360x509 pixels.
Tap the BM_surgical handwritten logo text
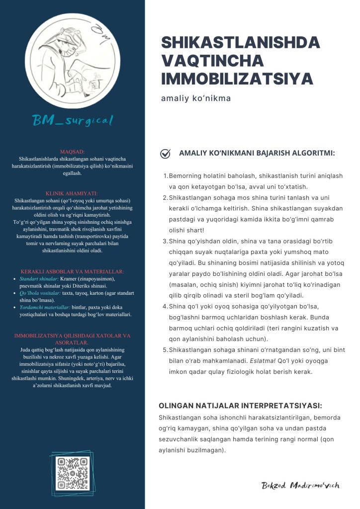(x=73, y=120)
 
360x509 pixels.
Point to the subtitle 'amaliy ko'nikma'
(x=196, y=98)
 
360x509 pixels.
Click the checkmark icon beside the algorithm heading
(x=166, y=154)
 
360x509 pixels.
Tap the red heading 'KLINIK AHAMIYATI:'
(x=72, y=193)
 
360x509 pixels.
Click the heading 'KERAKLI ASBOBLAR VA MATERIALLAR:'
(x=72, y=271)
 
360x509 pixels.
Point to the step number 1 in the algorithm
(x=166, y=176)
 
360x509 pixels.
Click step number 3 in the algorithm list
(x=166, y=241)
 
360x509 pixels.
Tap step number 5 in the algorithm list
(x=166, y=350)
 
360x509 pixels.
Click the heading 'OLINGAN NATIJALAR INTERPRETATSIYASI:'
(x=240, y=406)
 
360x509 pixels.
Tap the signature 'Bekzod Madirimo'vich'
(x=301, y=485)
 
